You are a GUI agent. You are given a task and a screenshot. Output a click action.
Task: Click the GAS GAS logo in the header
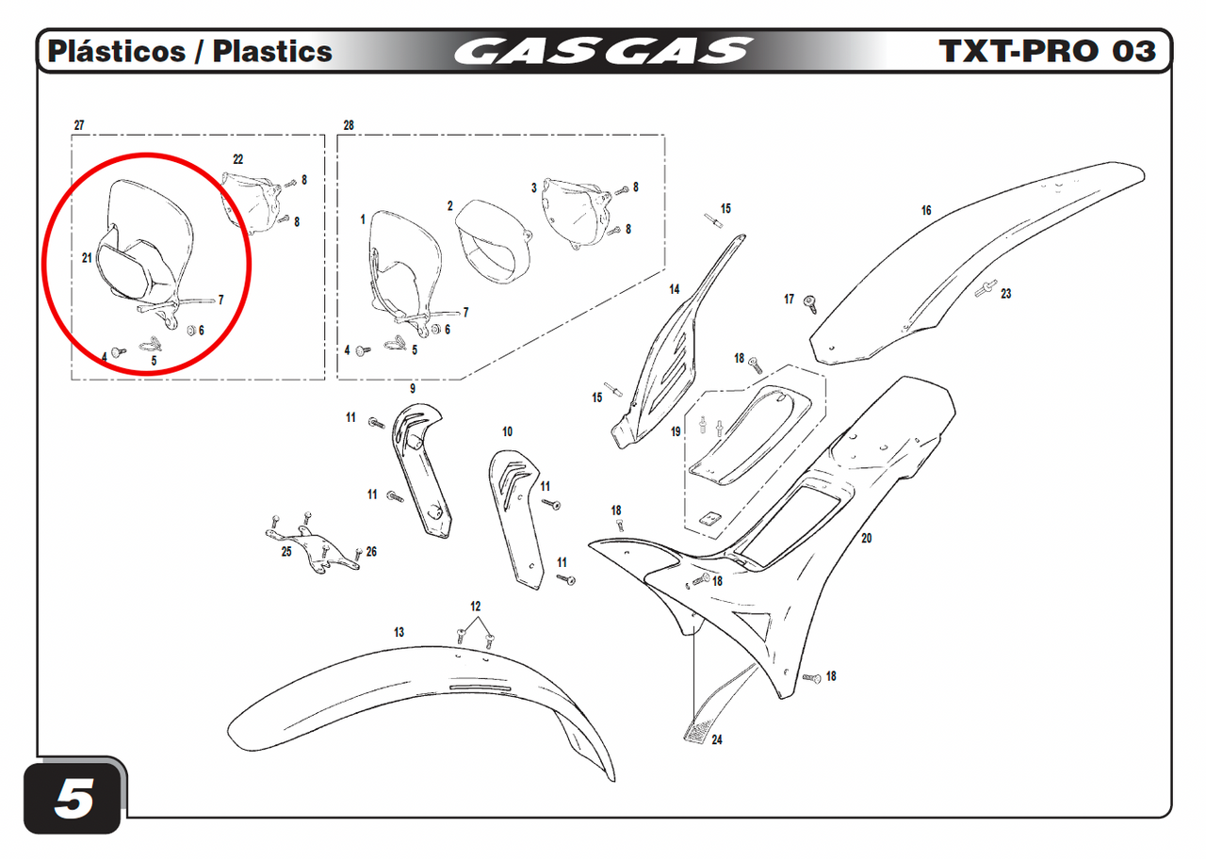point(602,51)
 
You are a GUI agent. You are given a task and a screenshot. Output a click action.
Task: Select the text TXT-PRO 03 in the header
point(1047,51)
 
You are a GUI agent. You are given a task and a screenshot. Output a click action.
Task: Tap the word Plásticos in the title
point(117,51)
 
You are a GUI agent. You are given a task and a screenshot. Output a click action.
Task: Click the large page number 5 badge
point(73,798)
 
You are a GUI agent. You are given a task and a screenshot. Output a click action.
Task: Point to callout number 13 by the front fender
point(399,632)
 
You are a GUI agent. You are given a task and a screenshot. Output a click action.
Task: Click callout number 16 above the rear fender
point(926,210)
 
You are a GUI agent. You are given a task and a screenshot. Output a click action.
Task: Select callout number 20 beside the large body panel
point(866,538)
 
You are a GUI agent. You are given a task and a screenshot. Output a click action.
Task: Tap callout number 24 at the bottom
point(717,740)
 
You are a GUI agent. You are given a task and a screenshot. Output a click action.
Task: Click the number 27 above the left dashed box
point(79,125)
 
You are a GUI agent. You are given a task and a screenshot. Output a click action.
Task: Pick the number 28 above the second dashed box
point(349,125)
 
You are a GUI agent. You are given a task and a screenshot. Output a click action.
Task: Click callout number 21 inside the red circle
point(87,258)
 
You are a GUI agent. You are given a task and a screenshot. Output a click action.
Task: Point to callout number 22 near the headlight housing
point(238,159)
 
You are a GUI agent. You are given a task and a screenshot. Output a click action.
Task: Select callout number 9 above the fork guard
point(413,389)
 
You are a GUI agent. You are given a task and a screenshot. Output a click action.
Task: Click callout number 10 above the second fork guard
point(507,431)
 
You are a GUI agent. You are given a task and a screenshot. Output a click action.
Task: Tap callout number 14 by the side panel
point(675,289)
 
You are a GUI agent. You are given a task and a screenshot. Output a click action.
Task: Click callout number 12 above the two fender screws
point(476,607)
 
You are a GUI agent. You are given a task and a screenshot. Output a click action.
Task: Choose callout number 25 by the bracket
point(286,552)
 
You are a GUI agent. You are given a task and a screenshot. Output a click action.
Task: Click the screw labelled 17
point(809,304)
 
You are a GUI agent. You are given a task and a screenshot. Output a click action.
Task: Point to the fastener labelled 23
point(986,289)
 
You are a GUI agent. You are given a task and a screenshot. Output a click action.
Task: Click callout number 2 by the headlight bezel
point(450,206)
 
